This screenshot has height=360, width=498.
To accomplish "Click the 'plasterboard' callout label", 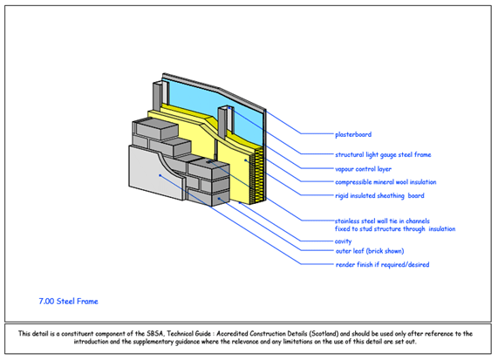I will click(x=353, y=134).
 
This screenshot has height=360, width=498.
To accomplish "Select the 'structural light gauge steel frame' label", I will click(x=383, y=154).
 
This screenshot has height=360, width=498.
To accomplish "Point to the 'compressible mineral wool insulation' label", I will click(x=385, y=182).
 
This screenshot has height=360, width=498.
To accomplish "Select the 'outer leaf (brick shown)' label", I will click(x=369, y=251).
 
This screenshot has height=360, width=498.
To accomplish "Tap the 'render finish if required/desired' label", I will click(x=381, y=264).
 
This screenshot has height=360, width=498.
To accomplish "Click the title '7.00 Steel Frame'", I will click(x=67, y=302).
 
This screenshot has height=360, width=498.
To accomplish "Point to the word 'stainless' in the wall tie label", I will click(x=350, y=221).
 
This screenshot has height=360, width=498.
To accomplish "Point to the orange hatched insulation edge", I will click(x=254, y=174).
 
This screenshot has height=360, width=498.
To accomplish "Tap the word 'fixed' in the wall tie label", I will click(x=343, y=228).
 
